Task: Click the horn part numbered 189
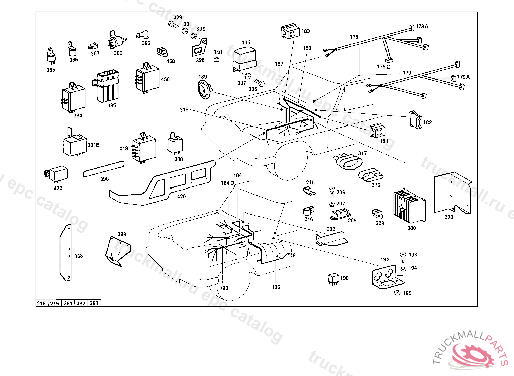tap(204, 91)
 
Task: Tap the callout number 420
tap(181, 196)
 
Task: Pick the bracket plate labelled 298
tap(452, 193)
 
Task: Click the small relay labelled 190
tap(331, 278)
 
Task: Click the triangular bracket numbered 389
tap(118, 251)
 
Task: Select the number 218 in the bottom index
tap(41, 304)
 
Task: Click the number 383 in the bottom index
tap(94, 304)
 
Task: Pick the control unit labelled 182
tap(415, 120)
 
